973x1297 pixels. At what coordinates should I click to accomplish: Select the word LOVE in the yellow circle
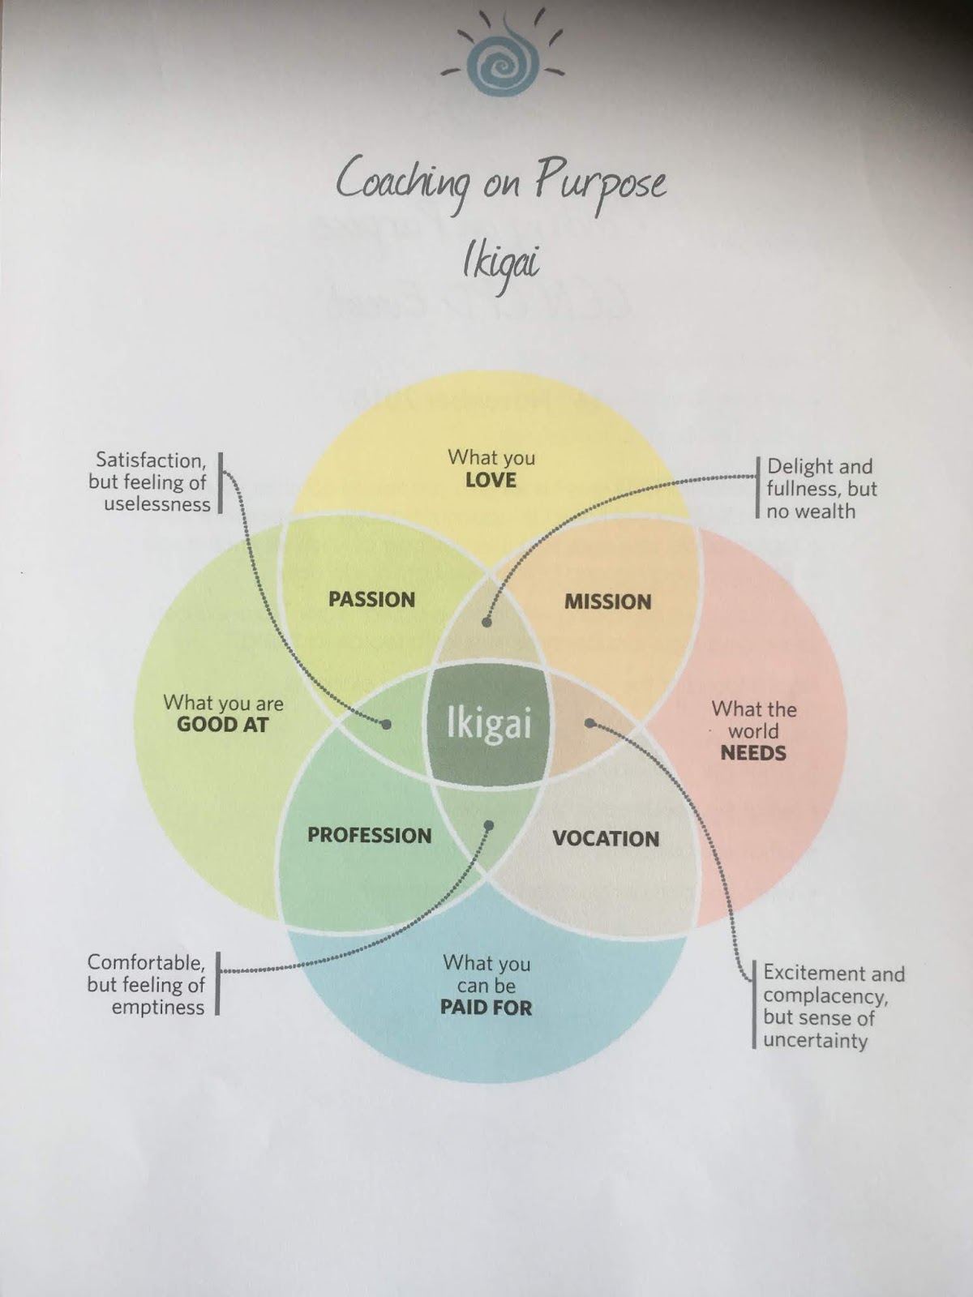[x=491, y=480]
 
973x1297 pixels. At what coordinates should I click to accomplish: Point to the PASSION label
[x=371, y=600]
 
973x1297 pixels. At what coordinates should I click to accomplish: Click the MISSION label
[x=607, y=601]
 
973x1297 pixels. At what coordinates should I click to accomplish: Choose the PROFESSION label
[x=369, y=836]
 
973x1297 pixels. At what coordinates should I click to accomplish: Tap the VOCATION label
[x=606, y=838]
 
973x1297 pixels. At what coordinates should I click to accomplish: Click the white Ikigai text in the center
[x=489, y=724]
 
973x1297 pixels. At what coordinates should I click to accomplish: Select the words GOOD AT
[x=222, y=725]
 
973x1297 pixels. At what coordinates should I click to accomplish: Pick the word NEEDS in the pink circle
[x=753, y=753]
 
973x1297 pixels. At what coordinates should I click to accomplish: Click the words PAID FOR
[x=486, y=1008]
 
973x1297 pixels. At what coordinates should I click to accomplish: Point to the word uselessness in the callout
[x=156, y=504]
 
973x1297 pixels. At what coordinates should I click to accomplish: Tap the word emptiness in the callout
[x=158, y=1008]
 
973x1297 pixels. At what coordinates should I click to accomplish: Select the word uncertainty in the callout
[x=815, y=1040]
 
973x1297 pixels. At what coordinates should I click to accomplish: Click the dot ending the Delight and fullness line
[x=486, y=623]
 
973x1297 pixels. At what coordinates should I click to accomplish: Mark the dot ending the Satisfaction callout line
[x=387, y=724]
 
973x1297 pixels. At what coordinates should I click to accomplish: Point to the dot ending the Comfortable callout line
[x=488, y=825]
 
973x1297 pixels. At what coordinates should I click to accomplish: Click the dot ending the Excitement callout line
[x=590, y=722]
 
